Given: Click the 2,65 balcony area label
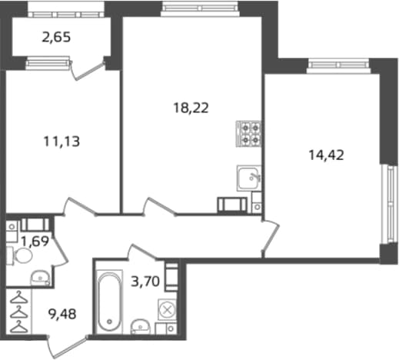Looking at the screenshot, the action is click(56, 38).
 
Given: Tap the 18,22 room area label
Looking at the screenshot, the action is click(191, 108).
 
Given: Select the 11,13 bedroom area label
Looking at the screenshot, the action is click(62, 142).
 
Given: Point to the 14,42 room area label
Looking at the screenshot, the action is click(326, 155).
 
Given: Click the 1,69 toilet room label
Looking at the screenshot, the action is click(35, 241).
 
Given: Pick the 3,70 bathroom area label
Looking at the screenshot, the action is click(145, 282).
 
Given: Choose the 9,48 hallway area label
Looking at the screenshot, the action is click(62, 314).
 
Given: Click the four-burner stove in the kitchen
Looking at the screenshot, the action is click(248, 134).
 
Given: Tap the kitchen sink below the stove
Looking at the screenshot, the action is click(249, 178).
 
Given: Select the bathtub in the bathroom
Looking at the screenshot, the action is click(109, 302).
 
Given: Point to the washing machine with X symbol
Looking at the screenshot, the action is click(167, 310).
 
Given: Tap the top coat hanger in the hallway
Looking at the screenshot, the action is click(19, 298).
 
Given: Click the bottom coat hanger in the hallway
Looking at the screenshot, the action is click(19, 328).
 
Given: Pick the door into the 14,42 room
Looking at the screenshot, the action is click(270, 237).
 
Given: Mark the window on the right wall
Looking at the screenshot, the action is click(390, 204).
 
